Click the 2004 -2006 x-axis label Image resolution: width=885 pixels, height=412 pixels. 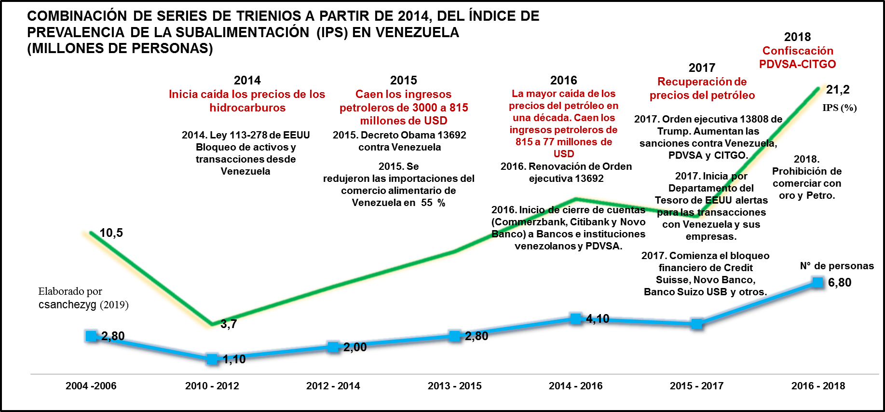tap(91, 386)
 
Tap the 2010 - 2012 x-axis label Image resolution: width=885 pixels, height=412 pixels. tap(212, 386)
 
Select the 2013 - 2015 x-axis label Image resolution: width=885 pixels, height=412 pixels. tap(454, 386)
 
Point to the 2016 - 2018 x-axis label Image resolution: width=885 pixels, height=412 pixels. tap(818, 386)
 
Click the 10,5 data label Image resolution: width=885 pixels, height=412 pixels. tap(111, 233)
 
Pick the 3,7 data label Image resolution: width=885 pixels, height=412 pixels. tap(229, 324)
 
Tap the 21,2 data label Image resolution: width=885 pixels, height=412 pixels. tap(838, 90)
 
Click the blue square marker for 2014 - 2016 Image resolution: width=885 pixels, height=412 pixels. tap(575, 318)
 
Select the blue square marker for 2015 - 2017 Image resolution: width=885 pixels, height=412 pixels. tap(696, 324)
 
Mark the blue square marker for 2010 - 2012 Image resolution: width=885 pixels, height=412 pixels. tap(211, 358)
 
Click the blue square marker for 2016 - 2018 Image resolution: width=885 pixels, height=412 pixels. tap(817, 282)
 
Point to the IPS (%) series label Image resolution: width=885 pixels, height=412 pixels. tap(840, 108)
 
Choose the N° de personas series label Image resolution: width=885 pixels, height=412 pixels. tap(837, 266)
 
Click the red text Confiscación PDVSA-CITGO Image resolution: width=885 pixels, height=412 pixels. tap(797, 57)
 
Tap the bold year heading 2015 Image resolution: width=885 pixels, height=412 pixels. tap(404, 80)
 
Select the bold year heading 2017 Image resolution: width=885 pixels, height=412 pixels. tap(702, 68)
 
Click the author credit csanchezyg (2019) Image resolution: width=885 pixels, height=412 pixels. tap(83, 305)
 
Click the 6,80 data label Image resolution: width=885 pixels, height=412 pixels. tap(840, 283)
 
